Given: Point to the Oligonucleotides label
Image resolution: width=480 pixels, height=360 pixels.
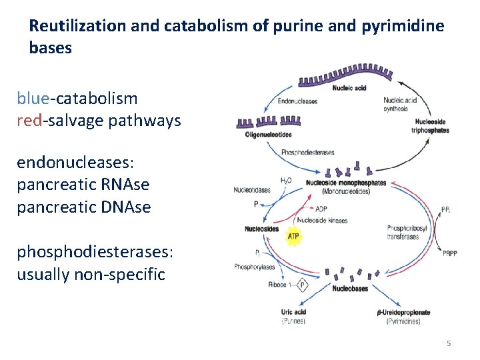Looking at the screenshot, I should (x=269, y=135).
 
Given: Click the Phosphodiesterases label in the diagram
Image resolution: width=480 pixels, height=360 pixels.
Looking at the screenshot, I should (x=307, y=153).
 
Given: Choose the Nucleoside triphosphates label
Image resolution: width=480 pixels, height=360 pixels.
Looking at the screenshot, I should (x=431, y=126).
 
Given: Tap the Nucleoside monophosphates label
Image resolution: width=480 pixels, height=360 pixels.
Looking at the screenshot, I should (x=345, y=183).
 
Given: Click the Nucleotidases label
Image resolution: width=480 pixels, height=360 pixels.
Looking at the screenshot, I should (x=252, y=190).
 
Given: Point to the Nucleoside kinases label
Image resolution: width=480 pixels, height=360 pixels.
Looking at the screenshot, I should (x=322, y=221).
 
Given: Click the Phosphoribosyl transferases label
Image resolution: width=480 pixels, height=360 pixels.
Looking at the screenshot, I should (x=403, y=233).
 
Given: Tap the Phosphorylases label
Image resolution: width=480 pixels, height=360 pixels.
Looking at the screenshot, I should (x=254, y=267).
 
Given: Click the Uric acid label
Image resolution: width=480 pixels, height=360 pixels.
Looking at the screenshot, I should (x=293, y=313).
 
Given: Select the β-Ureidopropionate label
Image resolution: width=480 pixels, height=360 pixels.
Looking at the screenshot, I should (x=404, y=313).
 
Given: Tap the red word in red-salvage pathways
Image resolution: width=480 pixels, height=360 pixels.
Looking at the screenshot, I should (x=29, y=121).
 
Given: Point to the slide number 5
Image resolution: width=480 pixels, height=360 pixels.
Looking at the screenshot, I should (x=449, y=343).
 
